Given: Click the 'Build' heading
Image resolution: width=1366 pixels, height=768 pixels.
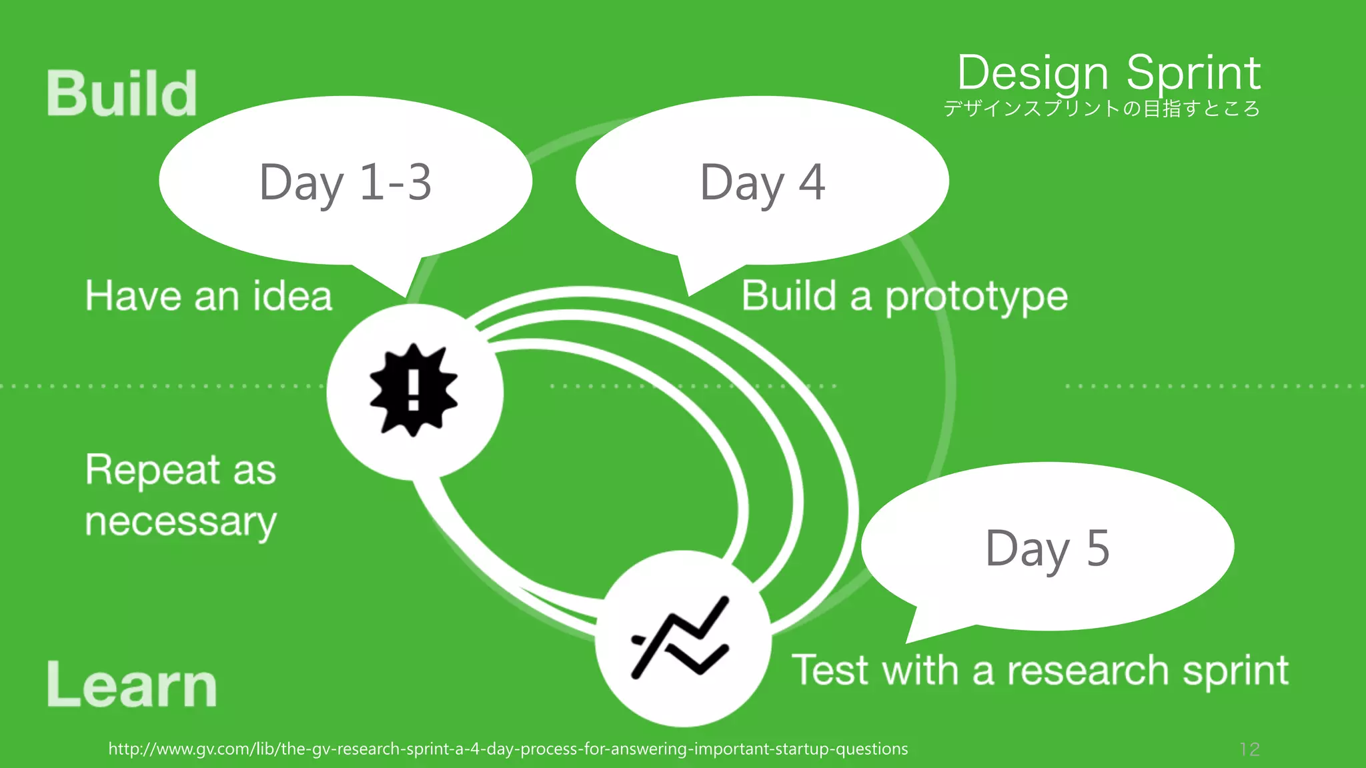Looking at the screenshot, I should (121, 93).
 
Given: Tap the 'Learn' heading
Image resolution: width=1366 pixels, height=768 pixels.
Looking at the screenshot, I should (131, 685).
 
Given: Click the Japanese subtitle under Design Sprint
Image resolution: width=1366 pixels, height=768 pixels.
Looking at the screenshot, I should (1101, 109).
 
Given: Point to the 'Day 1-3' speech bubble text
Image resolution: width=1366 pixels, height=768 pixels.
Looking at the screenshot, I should (345, 181).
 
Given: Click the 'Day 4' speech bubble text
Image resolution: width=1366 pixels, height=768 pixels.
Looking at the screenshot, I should (762, 181).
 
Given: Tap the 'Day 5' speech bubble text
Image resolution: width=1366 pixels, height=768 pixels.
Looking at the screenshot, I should (1047, 548).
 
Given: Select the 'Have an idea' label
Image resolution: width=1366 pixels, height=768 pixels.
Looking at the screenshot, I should (208, 296).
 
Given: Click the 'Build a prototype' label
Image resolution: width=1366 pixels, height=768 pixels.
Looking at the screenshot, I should (904, 296).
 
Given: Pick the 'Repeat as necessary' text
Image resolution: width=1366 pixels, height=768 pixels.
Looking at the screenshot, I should (181, 495).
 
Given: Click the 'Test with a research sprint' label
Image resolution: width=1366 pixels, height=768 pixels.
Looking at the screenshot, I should (1040, 670).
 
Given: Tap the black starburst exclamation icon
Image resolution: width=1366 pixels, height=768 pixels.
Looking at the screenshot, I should (414, 391).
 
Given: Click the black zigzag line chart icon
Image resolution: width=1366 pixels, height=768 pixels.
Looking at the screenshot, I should (680, 639).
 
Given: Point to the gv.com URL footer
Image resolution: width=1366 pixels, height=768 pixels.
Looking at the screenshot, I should (508, 749).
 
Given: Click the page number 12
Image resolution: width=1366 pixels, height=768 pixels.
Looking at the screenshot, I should (1249, 749).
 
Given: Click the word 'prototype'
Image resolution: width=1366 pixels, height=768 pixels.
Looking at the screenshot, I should (976, 297).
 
